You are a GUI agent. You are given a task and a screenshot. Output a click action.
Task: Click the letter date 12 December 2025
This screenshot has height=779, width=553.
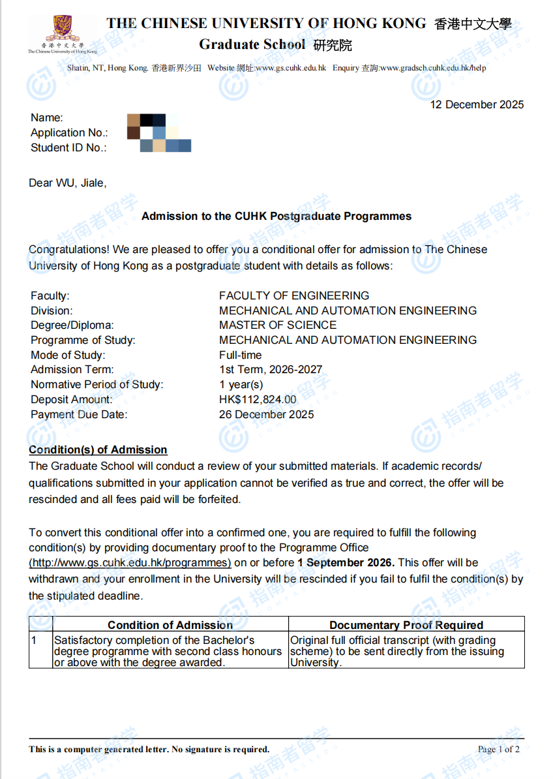(x=477, y=104)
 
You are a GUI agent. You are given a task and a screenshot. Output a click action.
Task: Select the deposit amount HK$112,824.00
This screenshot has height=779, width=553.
(x=258, y=399)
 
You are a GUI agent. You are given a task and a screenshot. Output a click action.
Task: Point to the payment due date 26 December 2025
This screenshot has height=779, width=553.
(x=266, y=414)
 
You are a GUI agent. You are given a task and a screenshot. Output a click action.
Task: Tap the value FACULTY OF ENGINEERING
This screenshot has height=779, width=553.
(x=294, y=296)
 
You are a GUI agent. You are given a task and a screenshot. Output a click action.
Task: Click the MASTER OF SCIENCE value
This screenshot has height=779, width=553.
(x=278, y=325)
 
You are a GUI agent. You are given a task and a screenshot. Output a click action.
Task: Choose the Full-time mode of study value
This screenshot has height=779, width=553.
(x=241, y=355)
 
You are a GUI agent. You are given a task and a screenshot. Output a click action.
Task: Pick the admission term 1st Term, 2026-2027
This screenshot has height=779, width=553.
(x=271, y=369)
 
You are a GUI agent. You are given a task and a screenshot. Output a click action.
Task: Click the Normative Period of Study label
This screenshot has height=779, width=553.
(x=97, y=384)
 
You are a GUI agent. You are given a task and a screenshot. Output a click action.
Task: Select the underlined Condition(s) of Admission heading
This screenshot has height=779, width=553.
(x=98, y=450)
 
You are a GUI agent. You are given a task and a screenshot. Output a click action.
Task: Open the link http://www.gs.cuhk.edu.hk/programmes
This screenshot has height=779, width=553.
(x=130, y=562)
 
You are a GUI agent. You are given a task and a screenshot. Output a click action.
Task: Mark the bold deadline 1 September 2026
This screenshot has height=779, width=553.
(x=346, y=562)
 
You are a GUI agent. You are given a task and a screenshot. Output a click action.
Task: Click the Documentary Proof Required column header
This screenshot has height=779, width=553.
(x=406, y=625)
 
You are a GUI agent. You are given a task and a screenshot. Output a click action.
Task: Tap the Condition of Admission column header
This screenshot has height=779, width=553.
(x=170, y=625)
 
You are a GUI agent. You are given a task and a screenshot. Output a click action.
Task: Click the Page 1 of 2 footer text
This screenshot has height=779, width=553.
(x=498, y=749)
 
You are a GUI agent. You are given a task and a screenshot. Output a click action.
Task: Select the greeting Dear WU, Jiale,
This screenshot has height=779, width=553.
(x=68, y=183)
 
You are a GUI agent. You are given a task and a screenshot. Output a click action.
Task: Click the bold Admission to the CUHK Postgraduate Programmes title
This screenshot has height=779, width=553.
(x=276, y=216)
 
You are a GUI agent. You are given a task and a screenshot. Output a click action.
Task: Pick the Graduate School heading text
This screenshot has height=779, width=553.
(x=252, y=44)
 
